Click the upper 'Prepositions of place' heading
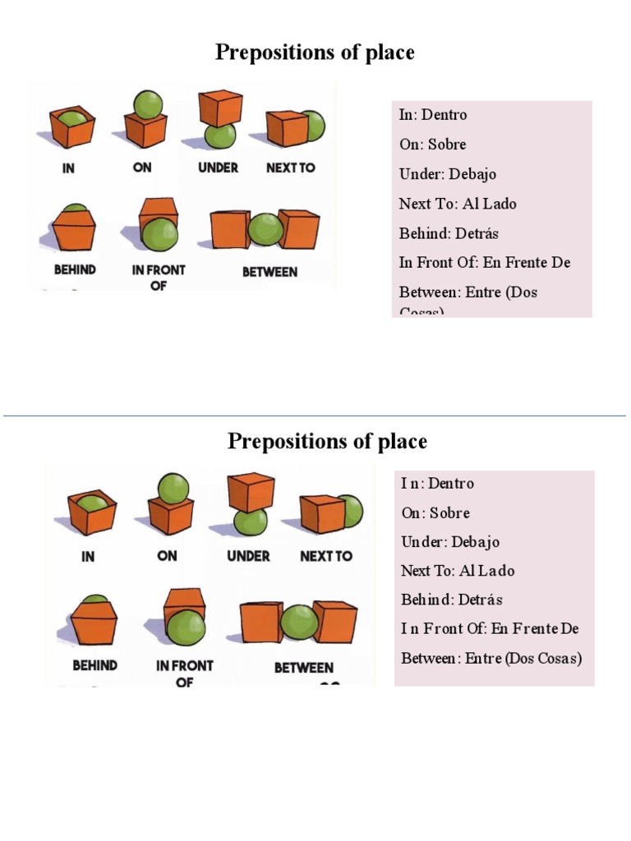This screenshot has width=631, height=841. click(315, 53)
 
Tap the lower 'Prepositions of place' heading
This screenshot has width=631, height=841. click(327, 442)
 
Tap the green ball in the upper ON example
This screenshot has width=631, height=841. click(149, 104)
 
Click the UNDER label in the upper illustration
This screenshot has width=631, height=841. click(218, 168)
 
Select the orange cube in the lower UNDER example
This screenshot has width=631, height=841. click(251, 490)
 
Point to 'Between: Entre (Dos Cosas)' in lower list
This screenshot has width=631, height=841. click(491, 658)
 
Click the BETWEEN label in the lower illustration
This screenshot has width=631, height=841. click(303, 668)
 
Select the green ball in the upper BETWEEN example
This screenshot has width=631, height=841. click(265, 230)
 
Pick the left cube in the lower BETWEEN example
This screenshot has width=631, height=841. click(261, 623)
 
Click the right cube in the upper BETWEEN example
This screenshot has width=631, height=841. click(298, 229)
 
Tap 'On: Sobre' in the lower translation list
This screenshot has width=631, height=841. click(435, 512)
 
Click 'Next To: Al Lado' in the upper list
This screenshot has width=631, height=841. click(458, 204)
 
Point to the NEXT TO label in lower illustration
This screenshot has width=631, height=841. click(326, 556)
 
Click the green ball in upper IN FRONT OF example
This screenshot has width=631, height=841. click(159, 234)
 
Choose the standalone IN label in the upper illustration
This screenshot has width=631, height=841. click(69, 168)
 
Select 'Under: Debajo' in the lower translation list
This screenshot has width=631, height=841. click(450, 542)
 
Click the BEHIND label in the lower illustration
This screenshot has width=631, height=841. click(94, 665)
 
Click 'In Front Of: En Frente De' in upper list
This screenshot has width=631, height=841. click(485, 262)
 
